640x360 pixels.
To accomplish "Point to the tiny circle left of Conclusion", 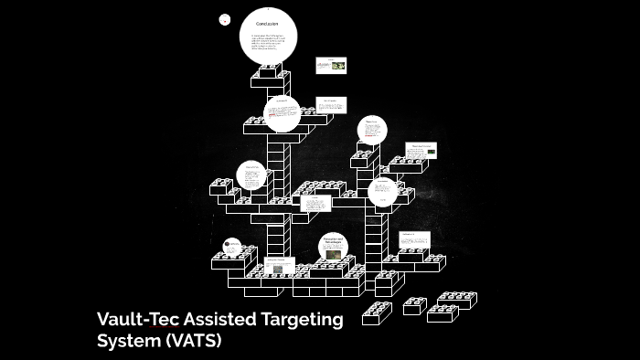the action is (x=225, y=18).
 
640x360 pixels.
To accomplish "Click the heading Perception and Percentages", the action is (x=333, y=241).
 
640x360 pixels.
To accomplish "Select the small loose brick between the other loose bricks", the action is (x=415, y=305).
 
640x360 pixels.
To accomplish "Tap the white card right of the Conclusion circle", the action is (x=331, y=66).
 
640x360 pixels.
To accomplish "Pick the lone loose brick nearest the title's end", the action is (x=376, y=312).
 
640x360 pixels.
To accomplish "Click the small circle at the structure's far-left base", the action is (x=233, y=245).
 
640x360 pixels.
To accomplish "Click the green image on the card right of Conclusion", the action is (x=338, y=66).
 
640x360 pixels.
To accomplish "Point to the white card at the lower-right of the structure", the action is (x=413, y=238).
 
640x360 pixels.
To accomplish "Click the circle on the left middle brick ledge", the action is (x=251, y=174).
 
